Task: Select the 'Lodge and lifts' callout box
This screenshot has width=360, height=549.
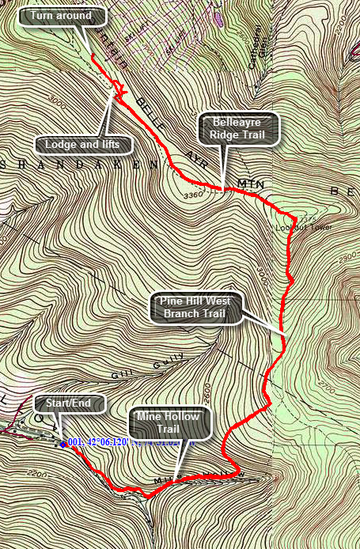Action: [x=82, y=145]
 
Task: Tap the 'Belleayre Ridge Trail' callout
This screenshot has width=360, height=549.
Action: [x=236, y=129]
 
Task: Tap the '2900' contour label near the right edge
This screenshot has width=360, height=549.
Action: [x=347, y=259]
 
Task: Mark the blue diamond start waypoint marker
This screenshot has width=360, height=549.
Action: [x=63, y=443]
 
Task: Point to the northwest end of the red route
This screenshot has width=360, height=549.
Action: [x=92, y=57]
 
